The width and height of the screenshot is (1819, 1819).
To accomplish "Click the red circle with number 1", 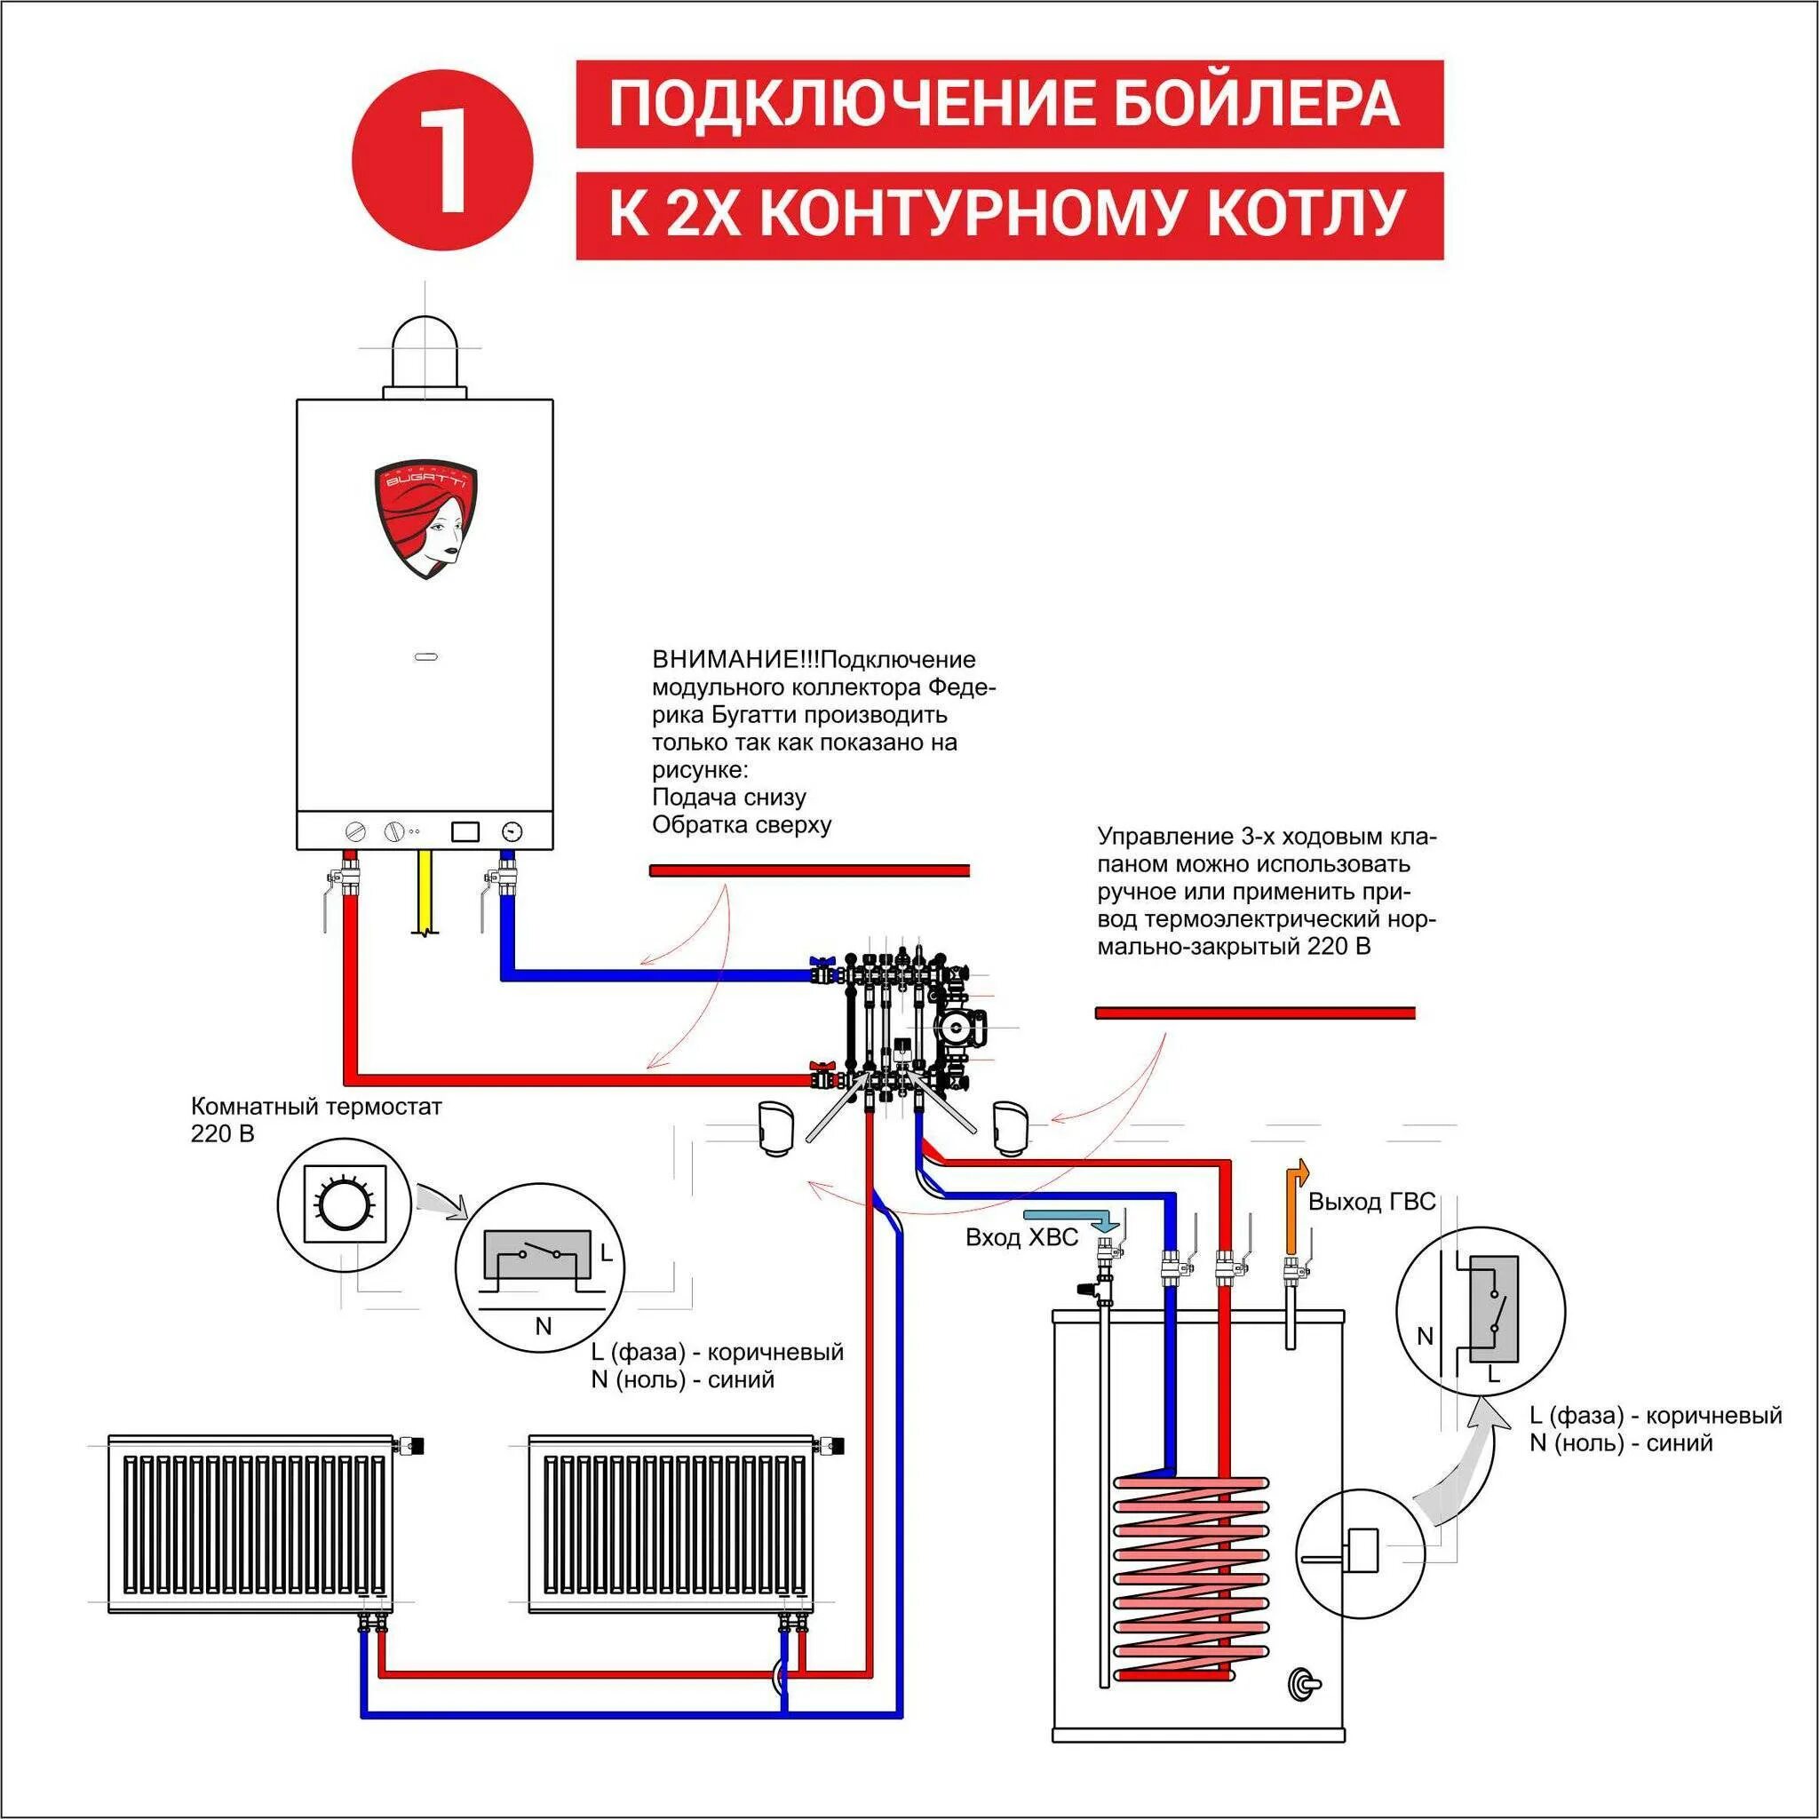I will [442, 157].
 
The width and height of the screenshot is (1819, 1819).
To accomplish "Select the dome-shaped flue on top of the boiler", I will [425, 354].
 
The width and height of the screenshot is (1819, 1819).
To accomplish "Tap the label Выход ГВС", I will [1370, 1202].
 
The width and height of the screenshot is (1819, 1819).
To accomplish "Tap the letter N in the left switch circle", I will [544, 1327].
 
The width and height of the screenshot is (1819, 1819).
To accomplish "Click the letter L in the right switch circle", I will [1493, 1374].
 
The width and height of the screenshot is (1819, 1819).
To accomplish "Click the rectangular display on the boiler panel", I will [465, 832].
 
